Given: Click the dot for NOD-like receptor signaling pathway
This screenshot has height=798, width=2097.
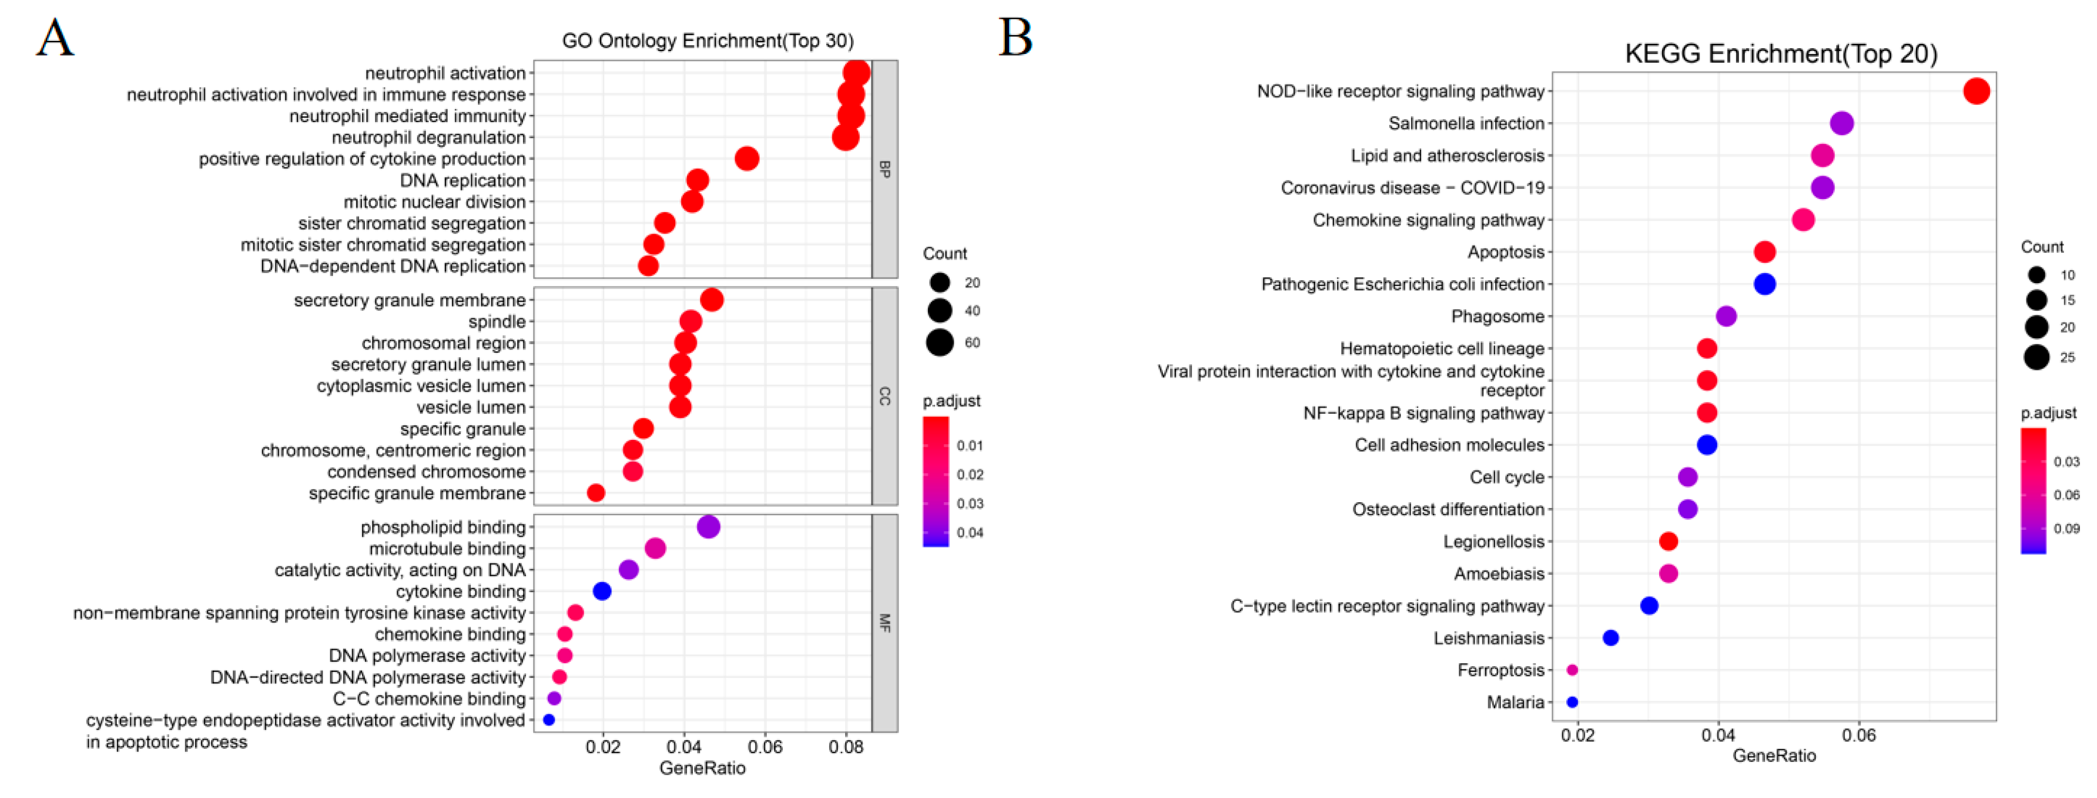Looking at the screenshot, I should (1976, 91).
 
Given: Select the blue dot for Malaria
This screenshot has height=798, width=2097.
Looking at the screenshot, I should (1572, 702).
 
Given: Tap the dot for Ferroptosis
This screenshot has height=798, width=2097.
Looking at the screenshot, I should (1572, 670).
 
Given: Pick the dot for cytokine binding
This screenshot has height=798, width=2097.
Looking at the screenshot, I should (601, 591).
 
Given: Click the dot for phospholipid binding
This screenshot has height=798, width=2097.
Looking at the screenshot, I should (708, 527).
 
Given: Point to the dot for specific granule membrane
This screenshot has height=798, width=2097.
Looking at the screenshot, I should (596, 492).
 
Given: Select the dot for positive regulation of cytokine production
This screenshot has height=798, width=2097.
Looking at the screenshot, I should (746, 159).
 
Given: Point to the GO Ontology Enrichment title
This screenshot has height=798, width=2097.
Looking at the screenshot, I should (707, 41).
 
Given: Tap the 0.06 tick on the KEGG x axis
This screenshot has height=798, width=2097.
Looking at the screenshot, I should (1859, 735).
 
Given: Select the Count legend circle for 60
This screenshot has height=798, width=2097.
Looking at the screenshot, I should (940, 342).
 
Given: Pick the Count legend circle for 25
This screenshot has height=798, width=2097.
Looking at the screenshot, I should (2036, 357).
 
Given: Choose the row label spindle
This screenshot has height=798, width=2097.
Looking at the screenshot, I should (497, 322).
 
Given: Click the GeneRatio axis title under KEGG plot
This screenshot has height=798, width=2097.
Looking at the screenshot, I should (1774, 756).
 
